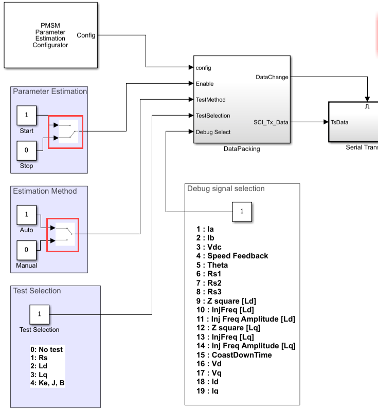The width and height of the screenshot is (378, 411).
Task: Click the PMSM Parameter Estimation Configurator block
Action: point(50,35)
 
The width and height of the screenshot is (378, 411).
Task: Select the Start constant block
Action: point(27,116)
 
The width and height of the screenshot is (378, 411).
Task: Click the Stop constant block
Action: point(27,151)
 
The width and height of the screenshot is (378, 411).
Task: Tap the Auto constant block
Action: point(27,215)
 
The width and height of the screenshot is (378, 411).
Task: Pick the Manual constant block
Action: point(27,251)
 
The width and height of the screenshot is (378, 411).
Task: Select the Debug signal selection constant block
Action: point(242,211)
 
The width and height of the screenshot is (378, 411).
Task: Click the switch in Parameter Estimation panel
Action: point(66,132)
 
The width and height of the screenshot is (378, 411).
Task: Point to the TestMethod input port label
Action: point(211,100)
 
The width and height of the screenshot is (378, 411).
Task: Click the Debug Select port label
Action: point(213,132)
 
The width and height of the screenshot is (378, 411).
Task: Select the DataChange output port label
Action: point(272,77)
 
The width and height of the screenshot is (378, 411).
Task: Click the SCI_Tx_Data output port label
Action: point(271,122)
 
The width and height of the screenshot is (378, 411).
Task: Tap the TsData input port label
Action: point(339,122)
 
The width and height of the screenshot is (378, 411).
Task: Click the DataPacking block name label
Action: point(242,149)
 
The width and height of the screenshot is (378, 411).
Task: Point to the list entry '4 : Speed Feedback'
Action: point(232,255)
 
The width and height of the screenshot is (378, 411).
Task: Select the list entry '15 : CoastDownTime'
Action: point(234,354)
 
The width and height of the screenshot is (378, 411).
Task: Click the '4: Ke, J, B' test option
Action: point(47,383)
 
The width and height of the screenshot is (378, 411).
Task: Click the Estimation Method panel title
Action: point(45,191)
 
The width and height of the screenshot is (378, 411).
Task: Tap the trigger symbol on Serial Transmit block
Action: point(367,106)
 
